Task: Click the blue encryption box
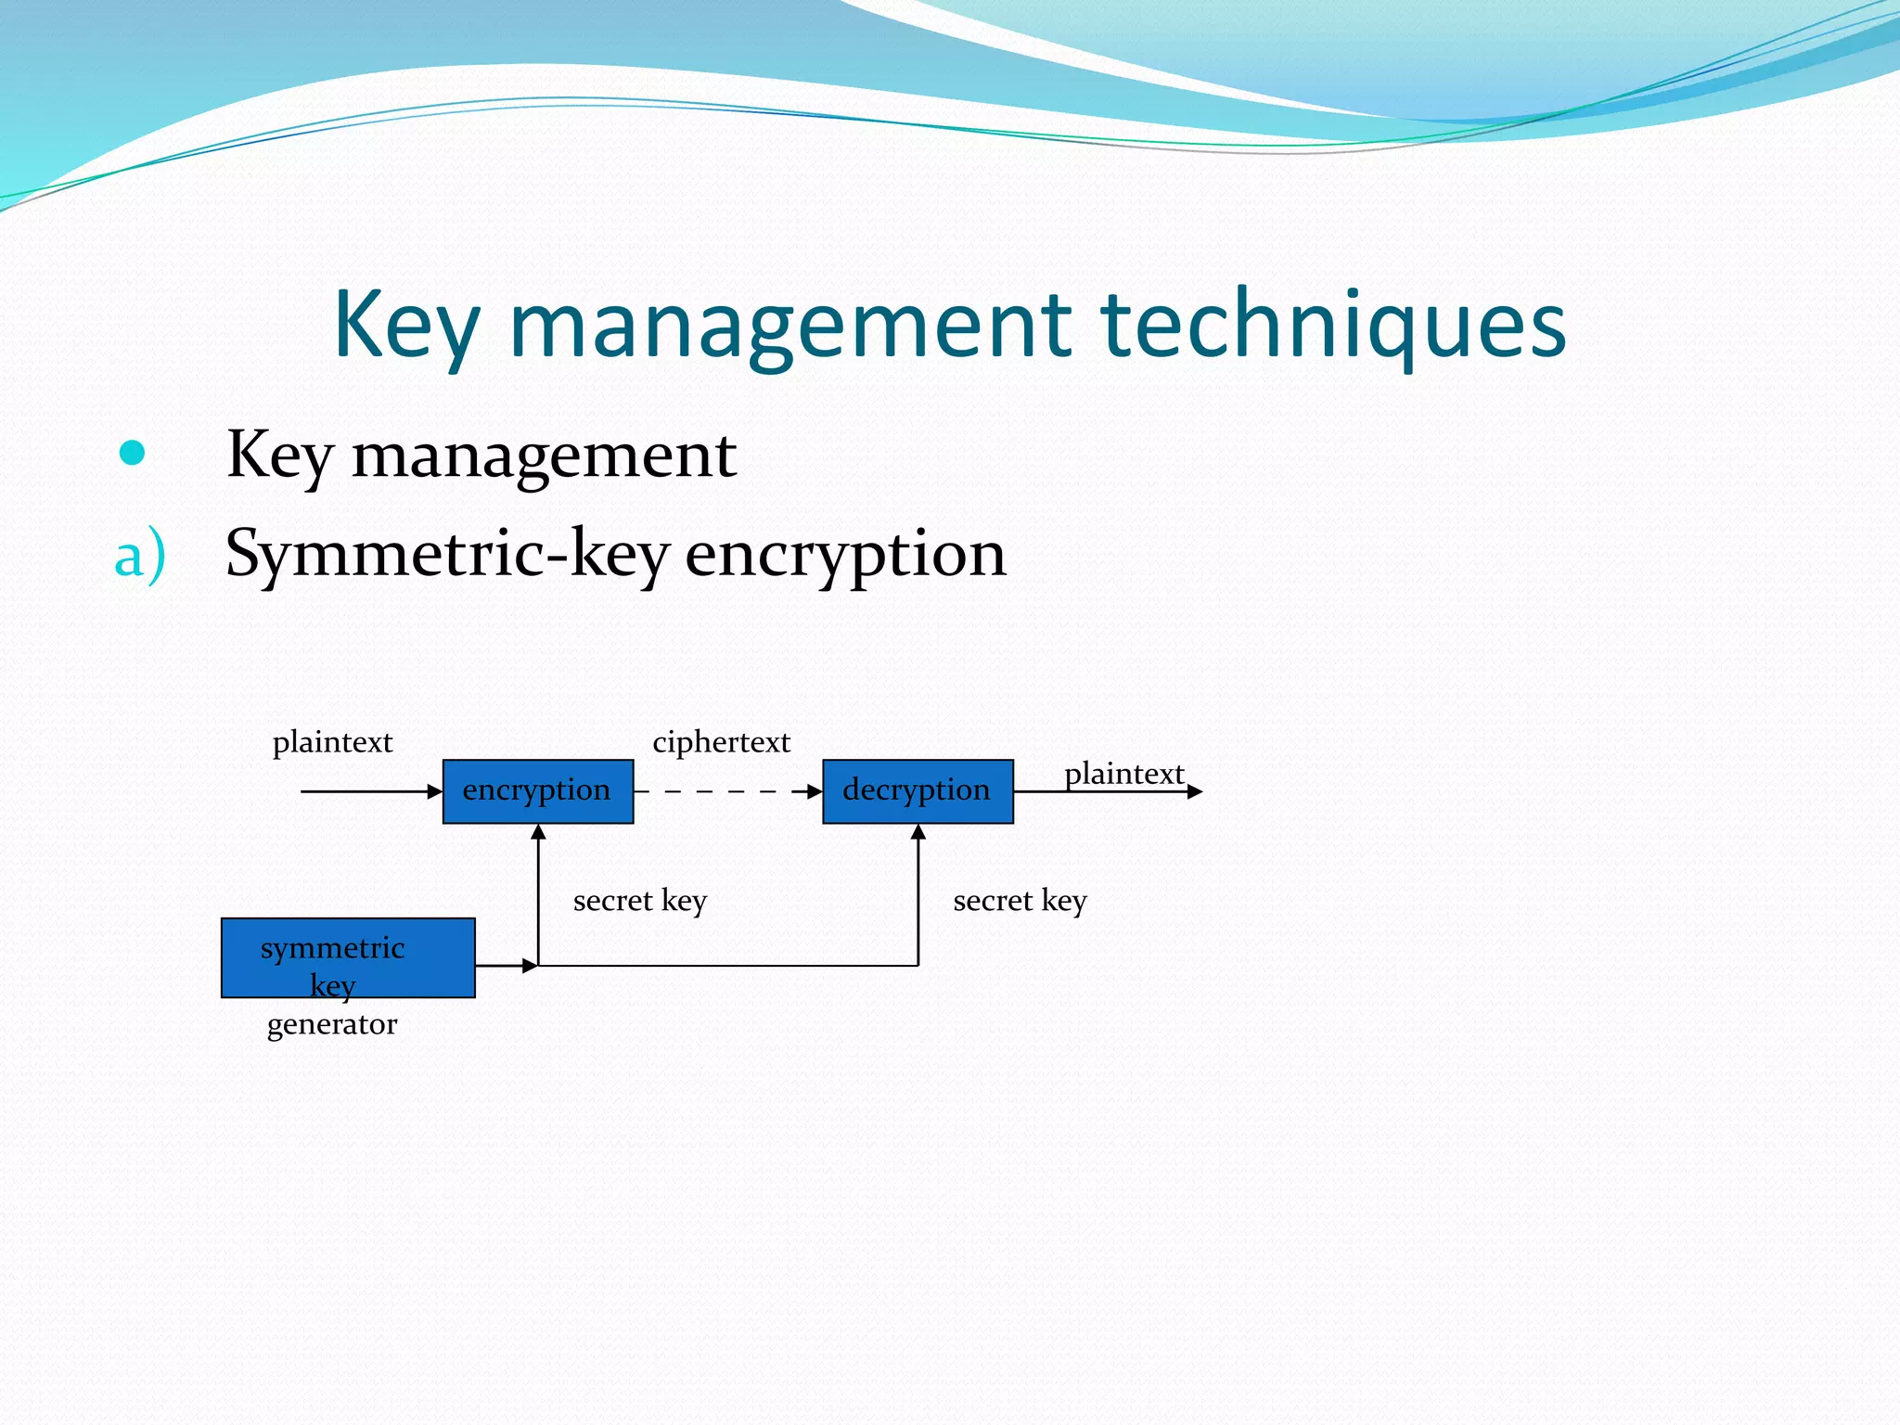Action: [x=538, y=791]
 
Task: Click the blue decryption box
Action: [x=918, y=791]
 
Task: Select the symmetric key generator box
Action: [x=348, y=958]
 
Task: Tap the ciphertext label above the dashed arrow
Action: [x=721, y=742]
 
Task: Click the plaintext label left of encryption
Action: [x=332, y=742]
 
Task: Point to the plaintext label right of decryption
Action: [x=1123, y=774]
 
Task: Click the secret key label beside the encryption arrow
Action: [x=640, y=901]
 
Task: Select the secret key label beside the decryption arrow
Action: [x=1020, y=901]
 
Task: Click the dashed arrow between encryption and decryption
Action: [x=728, y=791]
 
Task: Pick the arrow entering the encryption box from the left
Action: [x=371, y=791]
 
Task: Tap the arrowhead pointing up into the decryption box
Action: [x=918, y=832]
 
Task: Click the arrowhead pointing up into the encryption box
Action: [x=538, y=832]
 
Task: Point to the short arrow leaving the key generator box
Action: [x=506, y=966]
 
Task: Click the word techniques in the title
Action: [x=1332, y=324]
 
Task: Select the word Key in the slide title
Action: [x=406, y=324]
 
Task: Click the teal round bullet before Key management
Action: [x=133, y=453]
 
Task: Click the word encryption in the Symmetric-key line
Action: [x=845, y=554]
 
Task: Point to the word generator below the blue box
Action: [x=332, y=1024]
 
